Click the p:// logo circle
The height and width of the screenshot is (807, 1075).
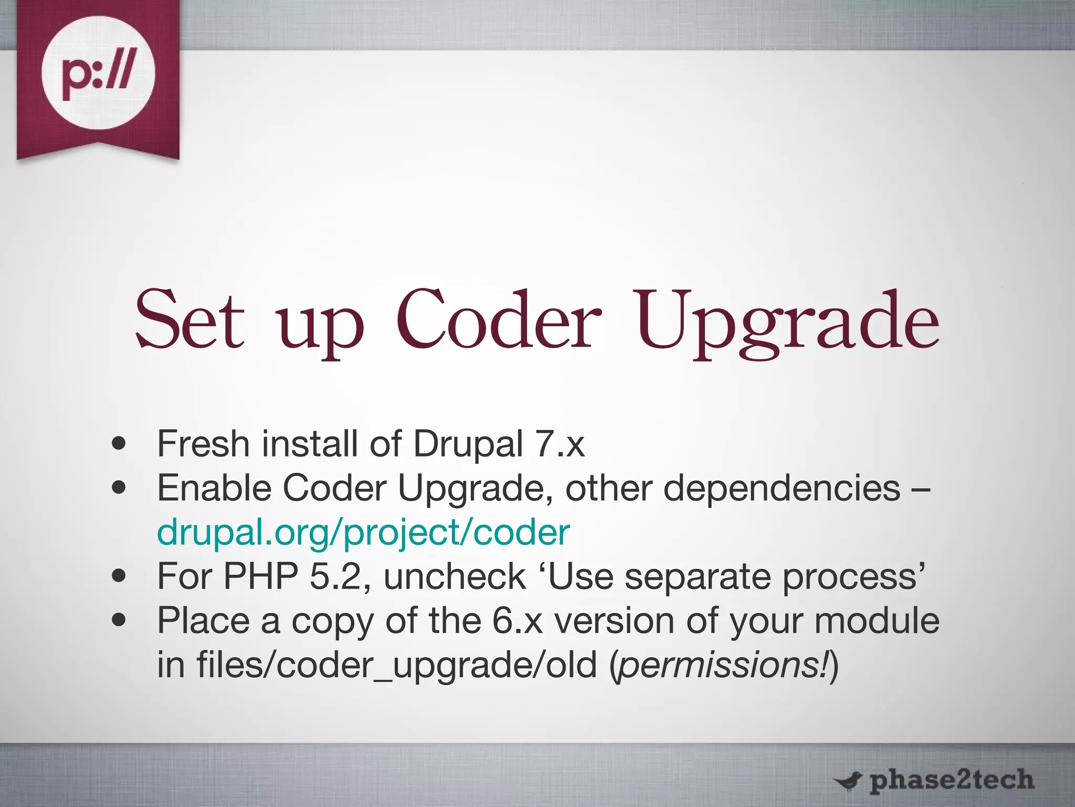coord(98,73)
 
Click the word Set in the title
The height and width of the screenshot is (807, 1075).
coord(190,320)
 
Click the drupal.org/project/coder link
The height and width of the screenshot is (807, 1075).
coord(363,532)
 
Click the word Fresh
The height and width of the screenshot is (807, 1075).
coord(203,444)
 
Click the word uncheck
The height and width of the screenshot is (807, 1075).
coord(455,576)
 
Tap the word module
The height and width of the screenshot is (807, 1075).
coord(877,621)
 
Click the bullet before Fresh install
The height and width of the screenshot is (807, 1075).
coord(119,444)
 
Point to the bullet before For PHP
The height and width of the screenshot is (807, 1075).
coord(119,576)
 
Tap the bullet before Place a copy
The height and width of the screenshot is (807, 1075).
coord(119,621)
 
